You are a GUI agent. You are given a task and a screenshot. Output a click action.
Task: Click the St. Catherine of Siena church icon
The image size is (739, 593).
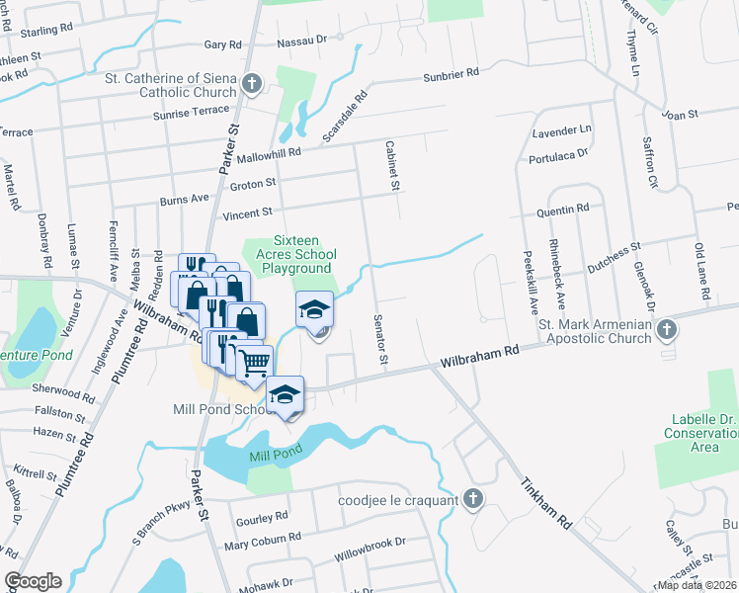252,84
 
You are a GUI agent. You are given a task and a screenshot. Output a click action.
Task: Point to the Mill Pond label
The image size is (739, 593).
274,456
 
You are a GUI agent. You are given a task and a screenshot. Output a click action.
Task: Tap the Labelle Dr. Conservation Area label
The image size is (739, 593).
702,433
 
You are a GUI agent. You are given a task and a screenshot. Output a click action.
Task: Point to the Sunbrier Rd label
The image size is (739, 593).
451,73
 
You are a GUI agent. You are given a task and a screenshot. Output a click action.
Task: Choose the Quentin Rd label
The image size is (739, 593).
562,209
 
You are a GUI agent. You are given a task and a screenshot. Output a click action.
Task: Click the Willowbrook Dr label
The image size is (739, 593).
370,543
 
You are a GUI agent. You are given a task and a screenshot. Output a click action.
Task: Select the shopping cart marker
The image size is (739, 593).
255,361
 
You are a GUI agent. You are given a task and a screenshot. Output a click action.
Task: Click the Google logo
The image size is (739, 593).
33,581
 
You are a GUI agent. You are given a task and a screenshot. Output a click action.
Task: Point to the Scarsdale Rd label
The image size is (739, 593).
345,116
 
